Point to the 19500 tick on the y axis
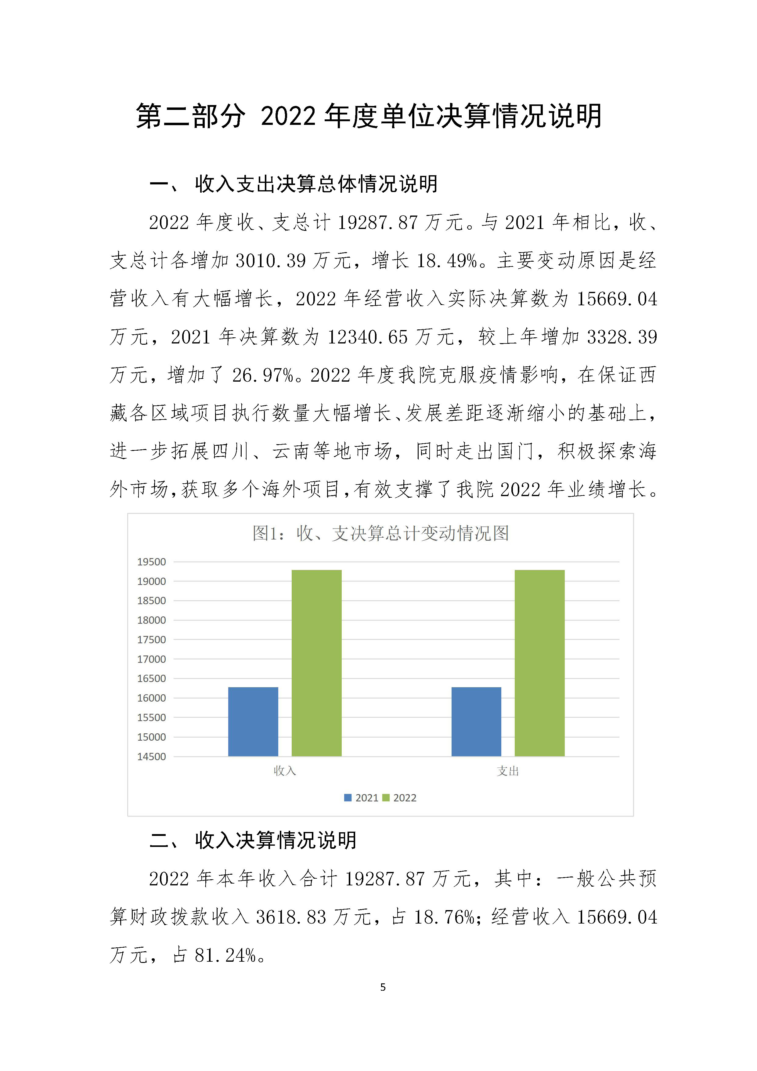click(x=152, y=562)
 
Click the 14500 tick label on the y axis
click(x=152, y=757)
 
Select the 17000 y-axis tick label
click(x=152, y=659)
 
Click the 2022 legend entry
click(x=400, y=798)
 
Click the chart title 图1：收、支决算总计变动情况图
click(x=380, y=533)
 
